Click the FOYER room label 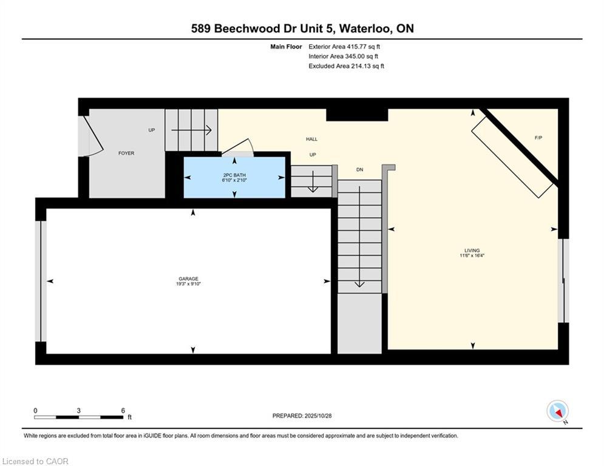tap(126, 154)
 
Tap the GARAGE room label tap(188, 279)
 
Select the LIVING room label tap(472, 251)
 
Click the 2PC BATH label tap(234, 175)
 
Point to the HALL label tap(311, 139)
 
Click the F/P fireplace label tap(538, 138)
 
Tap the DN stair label tap(359, 169)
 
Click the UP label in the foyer tap(152, 130)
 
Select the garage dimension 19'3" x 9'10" tap(188, 284)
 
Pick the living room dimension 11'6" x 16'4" tap(472, 256)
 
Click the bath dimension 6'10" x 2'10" tap(234, 180)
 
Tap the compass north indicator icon tap(557, 411)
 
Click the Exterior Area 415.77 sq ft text tap(344, 46)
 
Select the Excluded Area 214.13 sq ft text tap(346, 66)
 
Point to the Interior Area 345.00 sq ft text tap(344, 56)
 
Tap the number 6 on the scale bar tap(123, 411)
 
